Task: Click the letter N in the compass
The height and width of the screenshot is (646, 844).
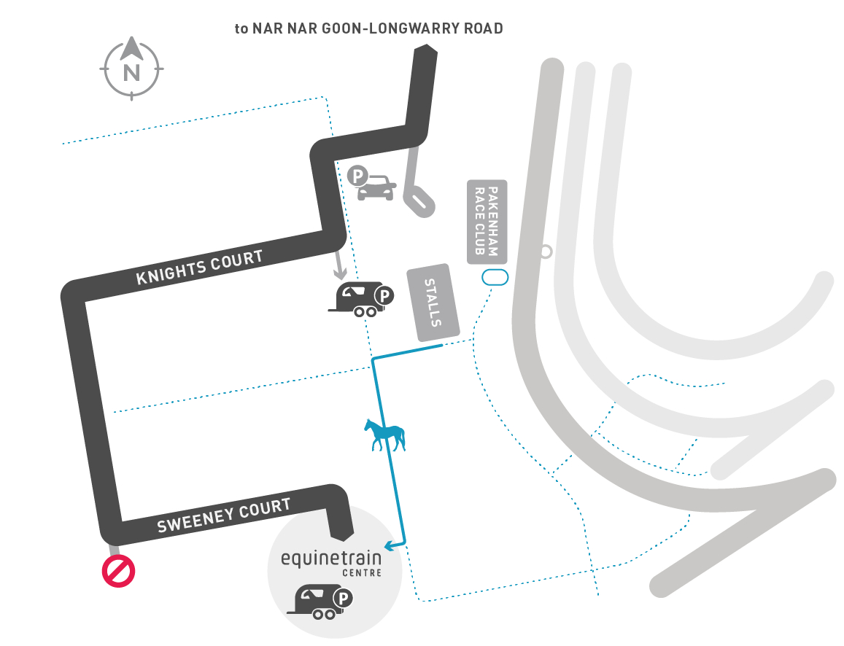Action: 131,73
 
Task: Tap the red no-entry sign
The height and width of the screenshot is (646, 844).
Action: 118,571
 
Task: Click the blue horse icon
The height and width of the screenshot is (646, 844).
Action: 384,435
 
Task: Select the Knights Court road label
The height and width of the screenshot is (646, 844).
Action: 199,267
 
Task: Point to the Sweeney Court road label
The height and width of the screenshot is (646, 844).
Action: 224,515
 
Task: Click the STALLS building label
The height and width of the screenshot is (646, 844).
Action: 433,303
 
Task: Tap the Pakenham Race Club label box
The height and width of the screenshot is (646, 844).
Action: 487,222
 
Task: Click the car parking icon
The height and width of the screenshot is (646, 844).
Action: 372,184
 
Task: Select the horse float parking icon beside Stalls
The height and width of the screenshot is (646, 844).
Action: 362,299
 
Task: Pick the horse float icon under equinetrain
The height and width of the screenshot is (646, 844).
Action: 320,602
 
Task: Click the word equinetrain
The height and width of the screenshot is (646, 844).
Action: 331,559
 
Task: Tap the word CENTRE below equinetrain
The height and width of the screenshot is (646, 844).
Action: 362,573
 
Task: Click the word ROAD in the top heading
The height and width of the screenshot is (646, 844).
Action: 484,28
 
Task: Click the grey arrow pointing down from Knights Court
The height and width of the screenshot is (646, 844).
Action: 339,263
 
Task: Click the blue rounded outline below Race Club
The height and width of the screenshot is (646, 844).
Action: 495,278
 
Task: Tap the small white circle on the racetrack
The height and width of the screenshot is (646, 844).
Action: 546,252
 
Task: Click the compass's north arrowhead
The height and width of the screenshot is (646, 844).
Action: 132,48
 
